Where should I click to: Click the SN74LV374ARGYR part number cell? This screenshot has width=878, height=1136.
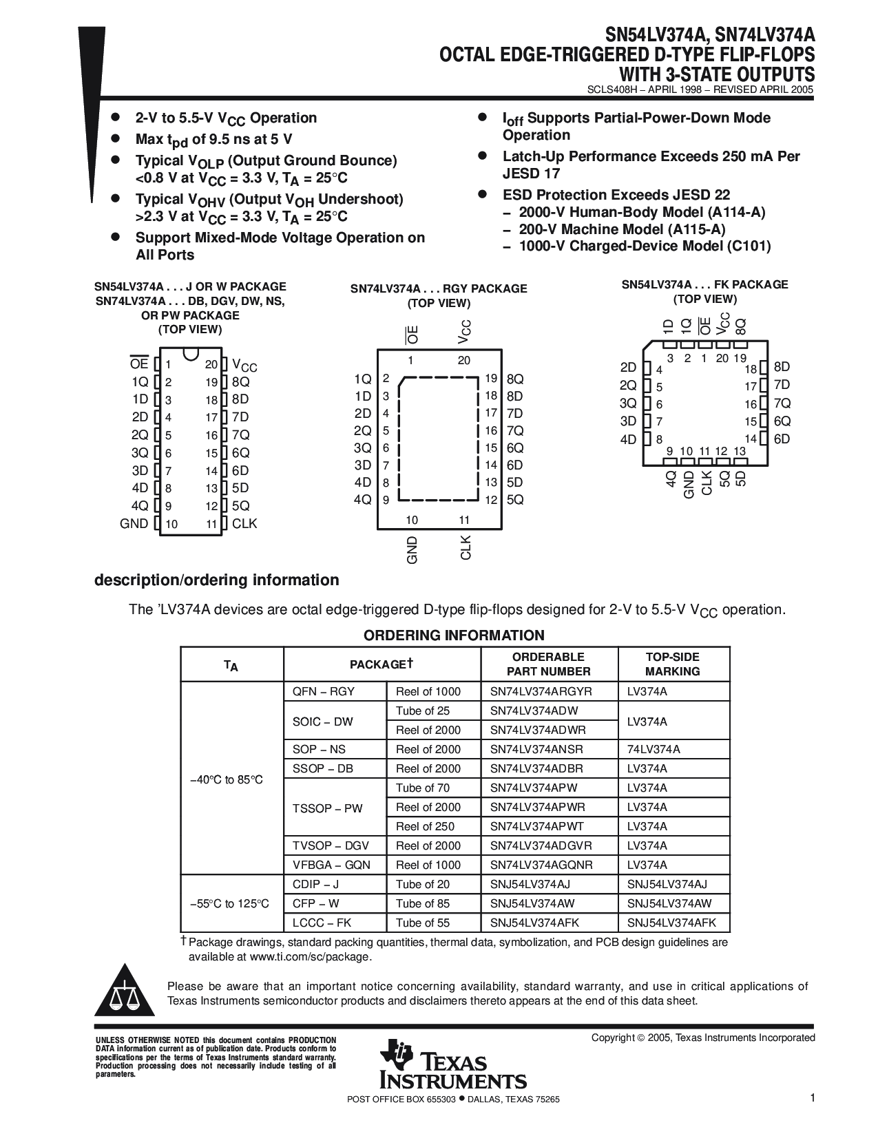click(x=541, y=691)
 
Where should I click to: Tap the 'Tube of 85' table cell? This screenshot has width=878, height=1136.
click(x=422, y=903)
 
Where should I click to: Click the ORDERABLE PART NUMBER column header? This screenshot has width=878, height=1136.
click(x=549, y=664)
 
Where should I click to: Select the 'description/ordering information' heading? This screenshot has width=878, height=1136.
click(x=216, y=580)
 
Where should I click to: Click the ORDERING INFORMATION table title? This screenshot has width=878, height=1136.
click(x=454, y=635)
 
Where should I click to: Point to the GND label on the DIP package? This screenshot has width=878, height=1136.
click(x=134, y=523)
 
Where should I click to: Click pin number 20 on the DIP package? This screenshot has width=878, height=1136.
click(x=211, y=364)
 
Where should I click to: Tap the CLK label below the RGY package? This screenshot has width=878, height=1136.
click(x=466, y=547)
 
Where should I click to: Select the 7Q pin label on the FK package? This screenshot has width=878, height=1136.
click(x=782, y=403)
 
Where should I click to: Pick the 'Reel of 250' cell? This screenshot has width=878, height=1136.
click(x=425, y=826)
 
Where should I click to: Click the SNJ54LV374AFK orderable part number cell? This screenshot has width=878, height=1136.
click(x=535, y=923)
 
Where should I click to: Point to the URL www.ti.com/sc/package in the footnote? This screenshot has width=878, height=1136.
click(x=310, y=956)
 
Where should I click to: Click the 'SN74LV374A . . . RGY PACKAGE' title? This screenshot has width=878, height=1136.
click(x=439, y=288)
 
